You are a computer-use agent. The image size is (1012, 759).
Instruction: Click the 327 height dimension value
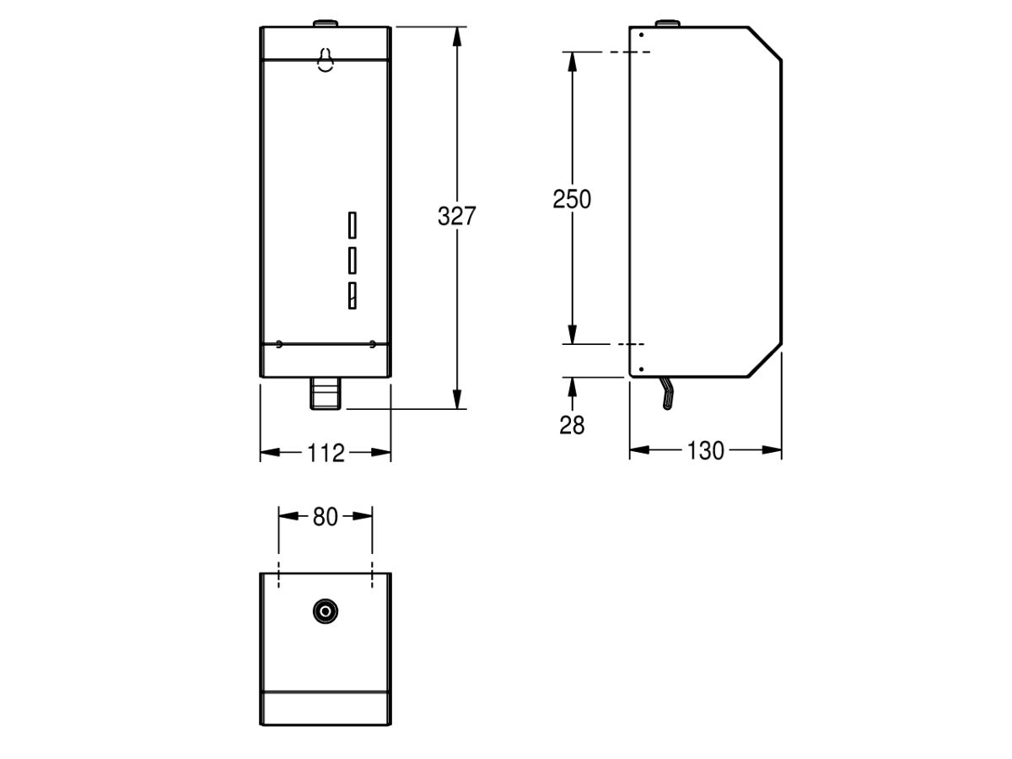coord(457,216)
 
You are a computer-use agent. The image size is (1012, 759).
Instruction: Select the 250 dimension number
coord(572,199)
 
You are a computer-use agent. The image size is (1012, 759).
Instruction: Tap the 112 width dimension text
coord(326,454)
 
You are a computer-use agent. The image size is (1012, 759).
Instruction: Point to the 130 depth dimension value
coord(705,451)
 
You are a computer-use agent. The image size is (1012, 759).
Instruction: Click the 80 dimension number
coord(326,517)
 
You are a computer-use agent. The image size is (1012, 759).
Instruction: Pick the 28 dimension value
coord(572,425)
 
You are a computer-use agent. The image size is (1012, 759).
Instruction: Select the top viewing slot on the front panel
coord(352,226)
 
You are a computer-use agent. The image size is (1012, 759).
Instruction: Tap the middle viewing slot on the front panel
coord(352,260)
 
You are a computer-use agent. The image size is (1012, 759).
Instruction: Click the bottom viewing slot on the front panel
coord(352,293)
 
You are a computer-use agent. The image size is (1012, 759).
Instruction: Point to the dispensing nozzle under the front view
coord(325,394)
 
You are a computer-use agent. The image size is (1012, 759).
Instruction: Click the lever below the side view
coord(667,394)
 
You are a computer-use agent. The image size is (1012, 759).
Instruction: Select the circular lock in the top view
coord(325,611)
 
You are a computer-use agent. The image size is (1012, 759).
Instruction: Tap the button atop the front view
coord(325,23)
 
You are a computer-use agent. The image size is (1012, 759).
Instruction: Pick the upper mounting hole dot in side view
coord(641,35)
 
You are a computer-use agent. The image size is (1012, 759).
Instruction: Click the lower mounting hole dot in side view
coord(641,369)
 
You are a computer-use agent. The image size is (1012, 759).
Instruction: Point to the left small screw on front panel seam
coord(279,343)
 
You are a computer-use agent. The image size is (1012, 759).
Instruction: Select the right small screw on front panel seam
coord(372,343)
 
